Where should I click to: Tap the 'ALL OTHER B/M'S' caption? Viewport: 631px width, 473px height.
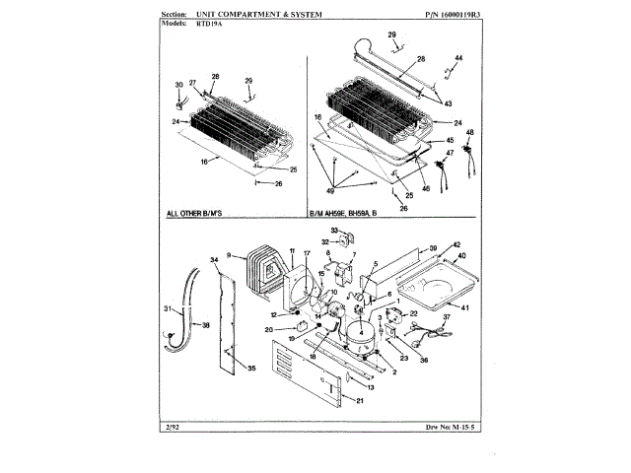coord(200,213)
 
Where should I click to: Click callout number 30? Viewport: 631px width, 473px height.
coord(179,85)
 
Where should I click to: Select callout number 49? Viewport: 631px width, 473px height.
coord(329,190)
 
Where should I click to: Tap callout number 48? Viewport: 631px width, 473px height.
coord(469,132)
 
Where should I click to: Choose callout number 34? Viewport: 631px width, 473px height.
coord(214,260)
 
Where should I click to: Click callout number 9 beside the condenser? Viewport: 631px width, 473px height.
coord(229,257)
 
